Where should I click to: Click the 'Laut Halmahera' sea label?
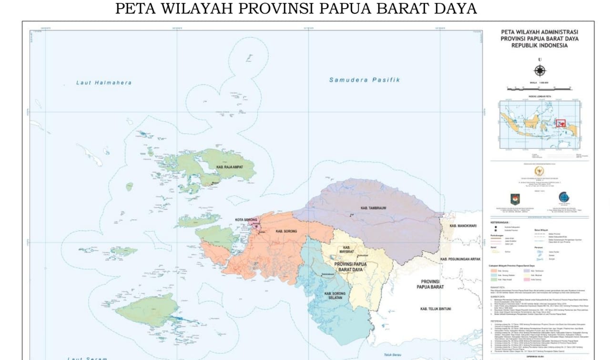(104, 83)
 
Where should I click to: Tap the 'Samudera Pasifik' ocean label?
(364, 80)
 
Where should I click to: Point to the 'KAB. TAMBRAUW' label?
(370, 208)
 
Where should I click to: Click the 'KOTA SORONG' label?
(246, 220)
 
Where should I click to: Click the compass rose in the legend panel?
(539, 71)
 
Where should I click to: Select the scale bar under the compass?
(539, 88)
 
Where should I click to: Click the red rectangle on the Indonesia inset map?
(560, 123)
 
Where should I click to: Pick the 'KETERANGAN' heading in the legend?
(500, 222)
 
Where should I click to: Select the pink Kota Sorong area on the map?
(258, 227)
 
